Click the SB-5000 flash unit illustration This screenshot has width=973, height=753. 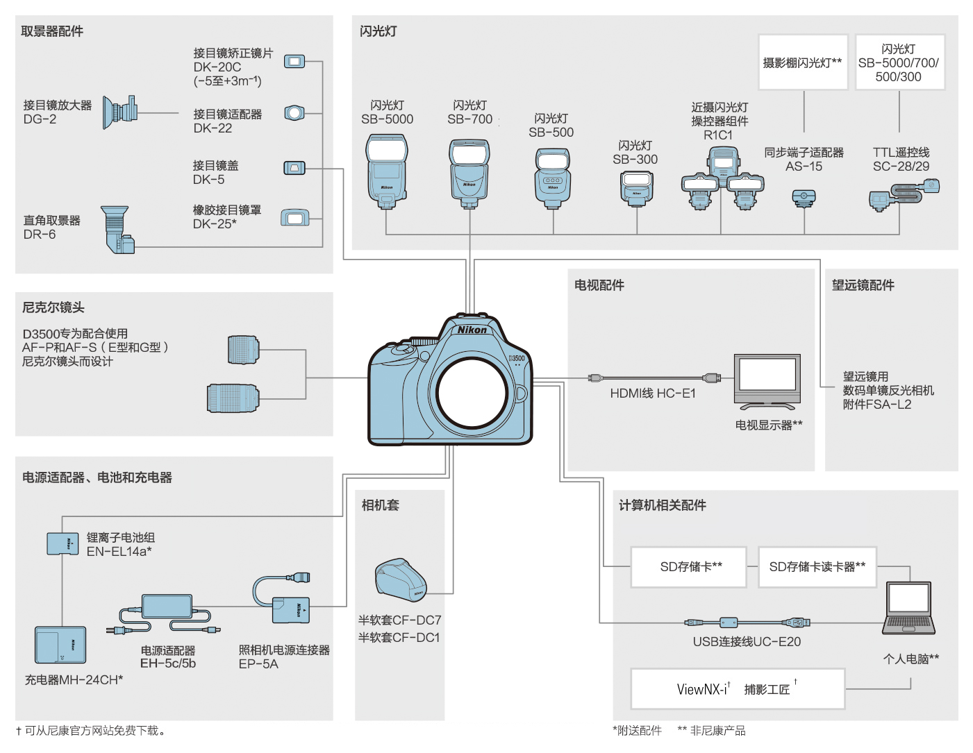[x=387, y=171]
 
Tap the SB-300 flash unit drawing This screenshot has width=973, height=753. [x=636, y=188]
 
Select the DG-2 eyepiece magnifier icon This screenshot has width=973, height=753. [x=119, y=112]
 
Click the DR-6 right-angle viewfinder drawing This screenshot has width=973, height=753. [x=117, y=228]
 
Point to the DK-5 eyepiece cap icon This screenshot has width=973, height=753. [x=294, y=168]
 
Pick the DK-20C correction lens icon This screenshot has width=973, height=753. [x=294, y=62]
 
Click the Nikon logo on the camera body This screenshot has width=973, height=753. [x=472, y=330]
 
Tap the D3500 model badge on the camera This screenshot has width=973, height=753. [x=517, y=359]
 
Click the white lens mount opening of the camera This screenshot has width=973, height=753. [x=472, y=392]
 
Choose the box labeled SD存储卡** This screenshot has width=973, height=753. [x=689, y=567]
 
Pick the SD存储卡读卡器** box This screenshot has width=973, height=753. [x=817, y=567]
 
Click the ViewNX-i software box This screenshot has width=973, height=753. [x=738, y=689]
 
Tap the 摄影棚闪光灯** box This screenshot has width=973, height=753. [x=803, y=62]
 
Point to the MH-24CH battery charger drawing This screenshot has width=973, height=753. [x=60, y=645]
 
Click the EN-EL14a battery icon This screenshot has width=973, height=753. [x=63, y=543]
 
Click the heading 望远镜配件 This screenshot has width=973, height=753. [x=863, y=285]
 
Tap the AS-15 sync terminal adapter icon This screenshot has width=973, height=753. [x=804, y=198]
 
